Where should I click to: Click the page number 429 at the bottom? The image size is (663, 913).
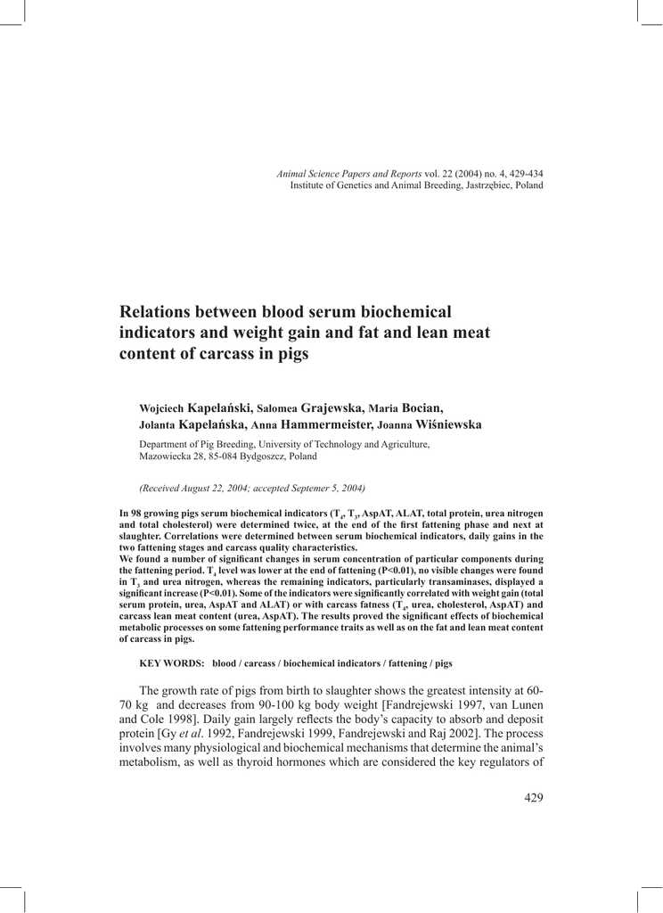tap(533, 797)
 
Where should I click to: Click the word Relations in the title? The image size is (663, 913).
tap(158, 313)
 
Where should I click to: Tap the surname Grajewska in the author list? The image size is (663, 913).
tap(332, 407)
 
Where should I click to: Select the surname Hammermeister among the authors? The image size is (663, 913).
tap(328, 424)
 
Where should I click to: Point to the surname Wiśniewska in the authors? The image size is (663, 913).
tap(446, 424)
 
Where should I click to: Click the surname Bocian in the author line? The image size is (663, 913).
tap(423, 407)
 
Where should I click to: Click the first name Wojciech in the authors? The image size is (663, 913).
tap(162, 408)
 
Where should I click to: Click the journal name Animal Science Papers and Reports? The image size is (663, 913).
tap(349, 173)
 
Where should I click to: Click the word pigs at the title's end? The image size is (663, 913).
tap(290, 354)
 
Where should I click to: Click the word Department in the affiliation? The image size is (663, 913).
tap(166, 443)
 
